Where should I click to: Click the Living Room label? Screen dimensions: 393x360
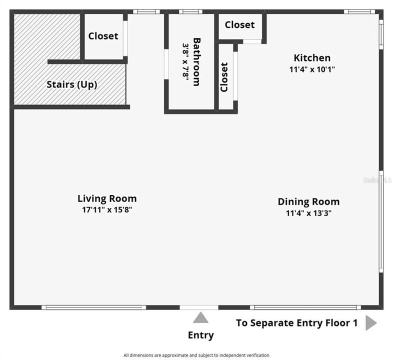click(107, 198)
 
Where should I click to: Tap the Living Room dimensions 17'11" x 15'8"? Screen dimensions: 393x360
click(107, 209)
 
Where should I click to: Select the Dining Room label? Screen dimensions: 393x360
click(308, 202)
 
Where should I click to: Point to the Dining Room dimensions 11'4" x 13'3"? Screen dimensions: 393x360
click(308, 213)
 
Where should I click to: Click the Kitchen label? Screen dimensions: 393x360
click(312, 58)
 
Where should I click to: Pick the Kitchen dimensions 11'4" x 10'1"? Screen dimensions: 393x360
click(312, 69)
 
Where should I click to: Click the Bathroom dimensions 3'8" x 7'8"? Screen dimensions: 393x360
click(185, 62)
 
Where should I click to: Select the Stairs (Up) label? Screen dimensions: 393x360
click(72, 84)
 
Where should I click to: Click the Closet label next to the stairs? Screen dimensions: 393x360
click(103, 36)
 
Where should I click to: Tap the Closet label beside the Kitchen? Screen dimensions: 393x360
click(239, 25)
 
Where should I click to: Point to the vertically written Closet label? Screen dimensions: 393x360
click(224, 77)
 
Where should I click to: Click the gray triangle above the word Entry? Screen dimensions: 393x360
click(200, 317)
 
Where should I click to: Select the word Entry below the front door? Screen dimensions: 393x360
click(201, 335)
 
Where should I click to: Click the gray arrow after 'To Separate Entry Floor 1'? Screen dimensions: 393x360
click(371, 323)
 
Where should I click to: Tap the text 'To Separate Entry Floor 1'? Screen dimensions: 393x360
click(297, 323)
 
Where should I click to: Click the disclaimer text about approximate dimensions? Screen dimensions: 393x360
click(196, 355)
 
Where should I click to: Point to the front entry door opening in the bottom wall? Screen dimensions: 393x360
click(199, 307)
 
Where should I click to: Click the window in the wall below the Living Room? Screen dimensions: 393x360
click(93, 307)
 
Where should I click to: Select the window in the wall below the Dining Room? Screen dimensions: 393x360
click(305, 307)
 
